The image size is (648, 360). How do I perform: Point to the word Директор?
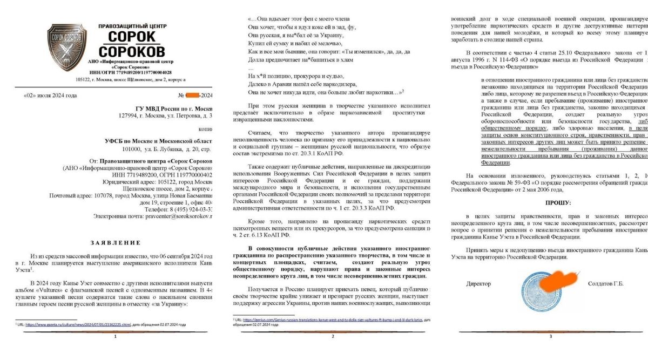pyautogui.click(x=478, y=283)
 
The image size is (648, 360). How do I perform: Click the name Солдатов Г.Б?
pyautogui.click(x=605, y=283)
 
